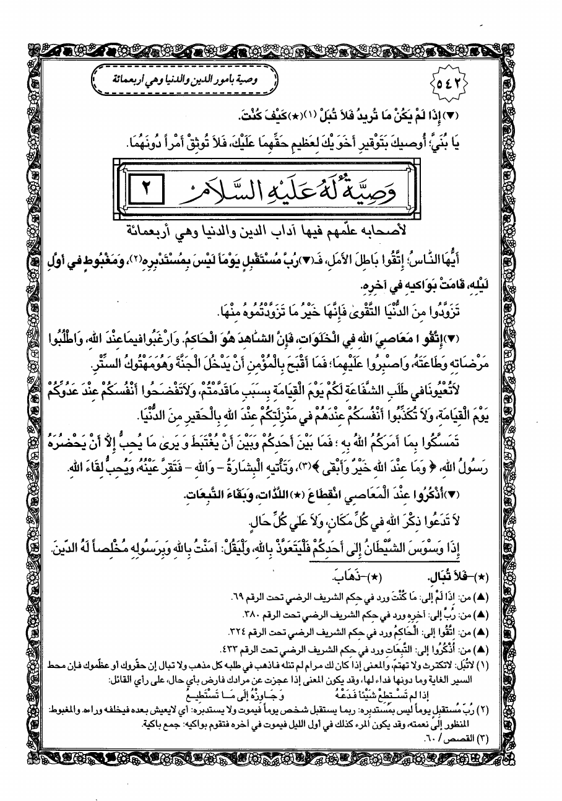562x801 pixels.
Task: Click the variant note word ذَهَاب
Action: pos(335,579)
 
